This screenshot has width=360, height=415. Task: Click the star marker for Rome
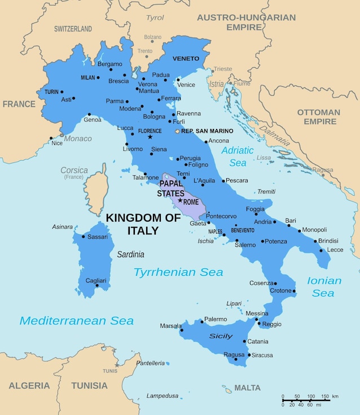point(180,200)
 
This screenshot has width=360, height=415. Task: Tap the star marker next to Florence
point(150,137)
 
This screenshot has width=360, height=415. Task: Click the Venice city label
point(186,85)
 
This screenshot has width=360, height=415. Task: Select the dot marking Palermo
point(201,321)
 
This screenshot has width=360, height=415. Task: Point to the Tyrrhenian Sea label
point(178,272)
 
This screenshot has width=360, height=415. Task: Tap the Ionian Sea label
point(324,286)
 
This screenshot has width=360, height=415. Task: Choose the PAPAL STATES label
point(172,188)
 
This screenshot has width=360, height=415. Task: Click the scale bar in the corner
point(310,400)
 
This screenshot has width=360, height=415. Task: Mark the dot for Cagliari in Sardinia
point(97,285)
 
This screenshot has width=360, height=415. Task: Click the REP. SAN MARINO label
point(207,131)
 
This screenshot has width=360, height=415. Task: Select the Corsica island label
point(74,170)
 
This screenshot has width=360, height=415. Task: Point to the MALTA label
point(248,387)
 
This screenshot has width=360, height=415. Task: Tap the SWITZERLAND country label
point(73,28)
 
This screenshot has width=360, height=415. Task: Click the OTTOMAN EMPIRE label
point(319,117)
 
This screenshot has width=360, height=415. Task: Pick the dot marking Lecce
point(322,250)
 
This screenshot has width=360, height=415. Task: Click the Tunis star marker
point(117,365)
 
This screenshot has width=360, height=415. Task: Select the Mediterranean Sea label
point(77,321)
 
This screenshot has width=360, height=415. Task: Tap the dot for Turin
point(62,92)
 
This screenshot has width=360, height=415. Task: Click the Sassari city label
point(98,237)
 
